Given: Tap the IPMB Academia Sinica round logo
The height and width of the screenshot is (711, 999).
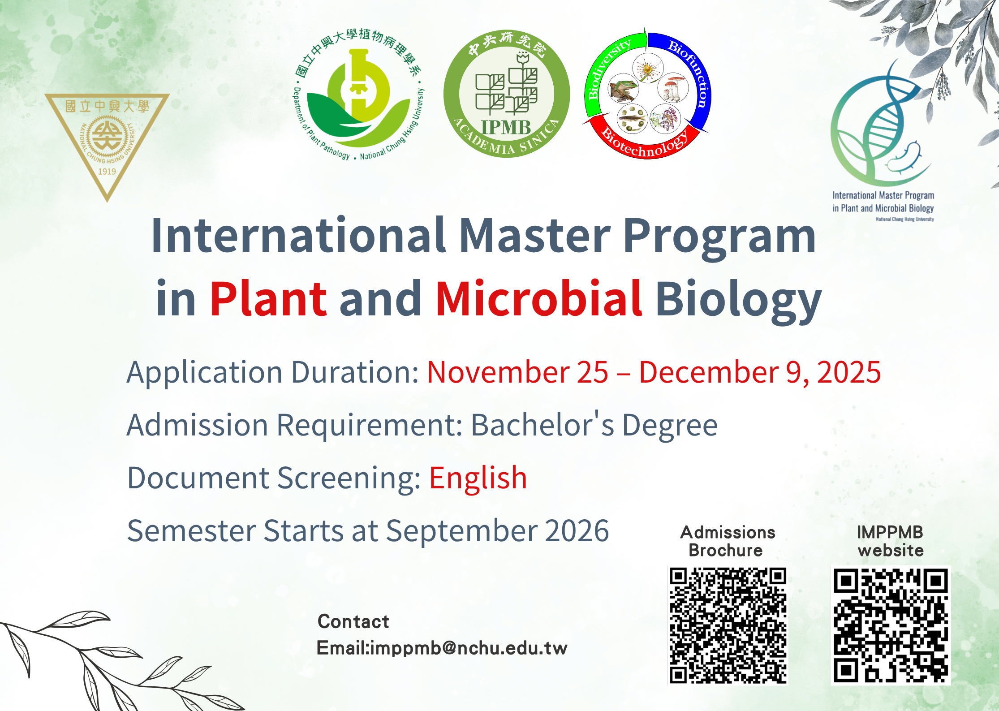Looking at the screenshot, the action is (x=507, y=94).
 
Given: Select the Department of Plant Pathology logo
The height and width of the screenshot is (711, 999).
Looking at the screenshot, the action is (x=358, y=94).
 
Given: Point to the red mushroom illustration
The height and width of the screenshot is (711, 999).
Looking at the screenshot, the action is (x=673, y=88).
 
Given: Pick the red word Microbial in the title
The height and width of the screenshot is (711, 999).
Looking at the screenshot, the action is (x=539, y=297).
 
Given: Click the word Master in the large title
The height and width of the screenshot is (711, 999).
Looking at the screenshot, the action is (x=535, y=236).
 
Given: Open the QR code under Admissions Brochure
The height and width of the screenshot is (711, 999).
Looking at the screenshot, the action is (x=728, y=625).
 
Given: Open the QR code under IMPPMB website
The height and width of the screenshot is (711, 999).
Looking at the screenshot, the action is (x=891, y=625).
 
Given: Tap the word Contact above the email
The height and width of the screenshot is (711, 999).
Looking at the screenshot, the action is (x=353, y=622).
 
